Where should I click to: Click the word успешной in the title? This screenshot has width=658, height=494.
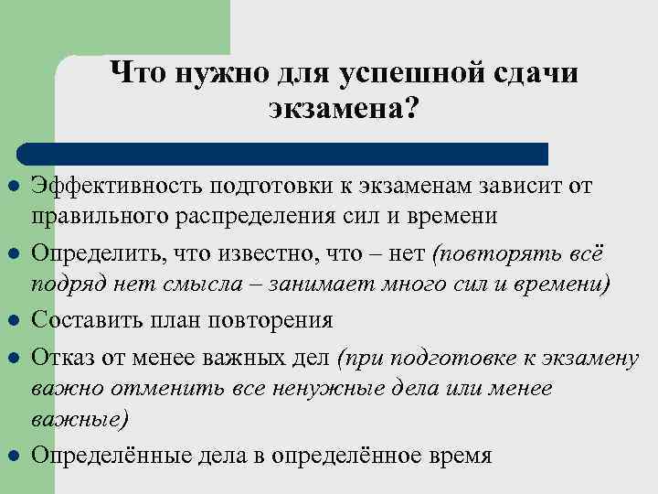coord(398,72)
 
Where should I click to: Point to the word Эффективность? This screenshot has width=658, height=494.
coord(118,187)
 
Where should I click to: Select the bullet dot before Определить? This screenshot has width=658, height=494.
coord(12,252)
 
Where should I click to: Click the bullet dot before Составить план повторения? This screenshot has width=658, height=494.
coord(12,320)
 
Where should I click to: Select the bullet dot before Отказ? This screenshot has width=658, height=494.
coord(12,357)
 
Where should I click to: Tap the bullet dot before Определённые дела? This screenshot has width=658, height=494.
coord(12,456)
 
